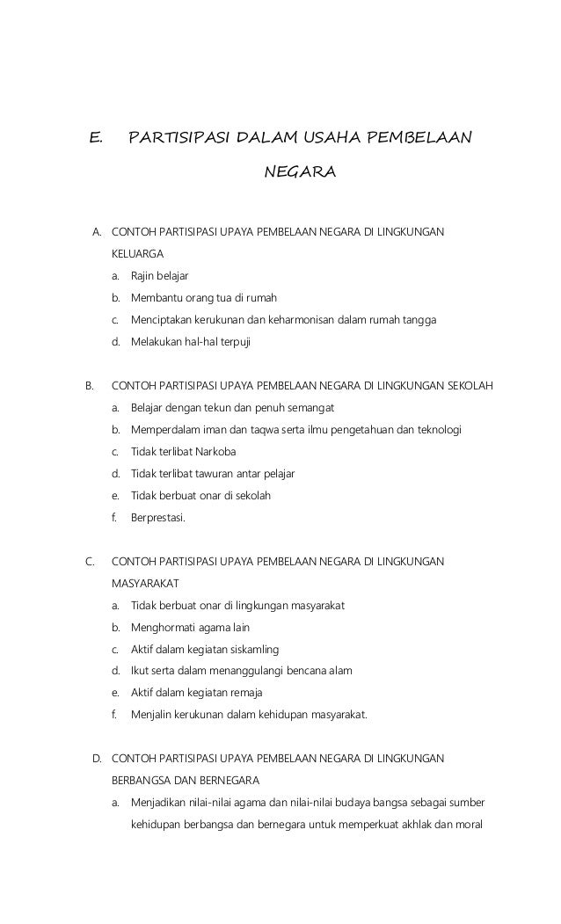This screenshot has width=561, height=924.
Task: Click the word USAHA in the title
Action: pos(334,138)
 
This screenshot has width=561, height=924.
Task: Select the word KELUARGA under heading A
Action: pos(137,253)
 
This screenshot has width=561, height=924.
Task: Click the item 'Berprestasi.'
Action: pos(158,518)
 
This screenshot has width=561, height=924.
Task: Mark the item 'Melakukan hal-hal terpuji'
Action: pos(190,341)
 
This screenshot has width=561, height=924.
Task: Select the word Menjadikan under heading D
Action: pos(159,802)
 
